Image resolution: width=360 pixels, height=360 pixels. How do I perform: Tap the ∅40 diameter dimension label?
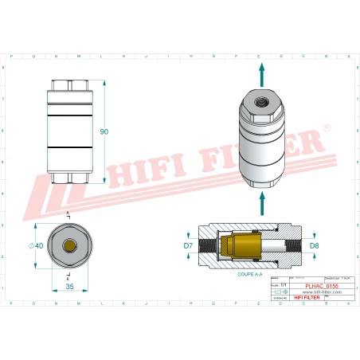point(37,246)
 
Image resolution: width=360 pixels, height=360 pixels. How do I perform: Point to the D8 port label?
point(314,245)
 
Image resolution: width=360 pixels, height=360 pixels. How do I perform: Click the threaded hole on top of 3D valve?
point(260,102)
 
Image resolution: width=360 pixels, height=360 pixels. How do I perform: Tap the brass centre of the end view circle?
point(71,246)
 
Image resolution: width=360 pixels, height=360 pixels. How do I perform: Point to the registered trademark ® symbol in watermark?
point(325,127)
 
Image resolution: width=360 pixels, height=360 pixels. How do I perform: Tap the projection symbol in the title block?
point(278,292)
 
